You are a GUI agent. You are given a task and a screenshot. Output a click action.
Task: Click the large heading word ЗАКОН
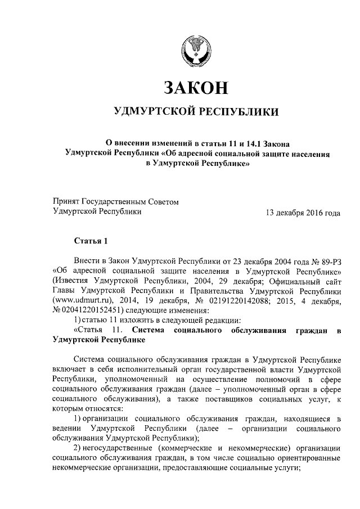196,88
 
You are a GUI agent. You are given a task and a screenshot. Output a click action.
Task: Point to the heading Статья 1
91,241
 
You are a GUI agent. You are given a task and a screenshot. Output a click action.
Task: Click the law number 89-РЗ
326,262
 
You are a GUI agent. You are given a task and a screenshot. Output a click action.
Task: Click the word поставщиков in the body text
226,398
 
